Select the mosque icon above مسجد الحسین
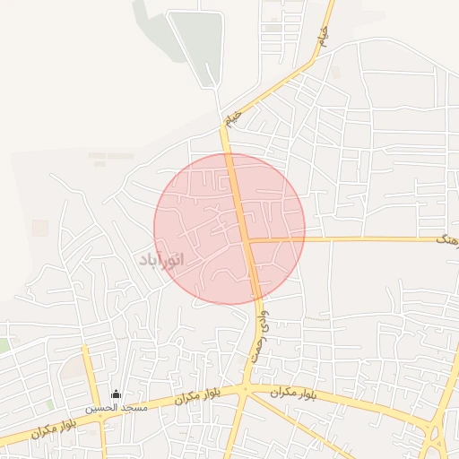115,394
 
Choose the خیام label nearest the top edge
323,37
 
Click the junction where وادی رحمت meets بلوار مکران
244,389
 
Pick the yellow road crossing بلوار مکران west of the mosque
93,377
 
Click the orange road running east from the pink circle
359,239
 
